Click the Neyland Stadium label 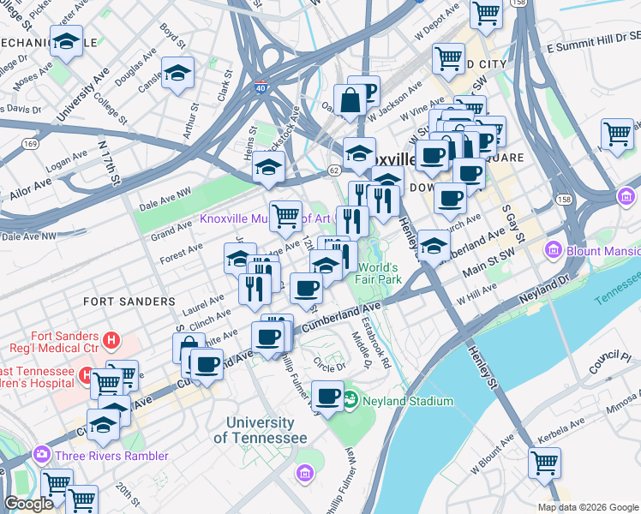(x=408, y=401)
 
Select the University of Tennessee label (x=260, y=430)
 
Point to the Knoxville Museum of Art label (x=265, y=218)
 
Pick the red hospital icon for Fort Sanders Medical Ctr (x=110, y=341)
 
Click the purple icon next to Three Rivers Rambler (x=40, y=455)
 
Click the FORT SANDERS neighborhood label (x=129, y=302)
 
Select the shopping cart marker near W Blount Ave (x=544, y=462)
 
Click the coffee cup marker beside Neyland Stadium (x=326, y=395)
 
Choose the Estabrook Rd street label (x=376, y=344)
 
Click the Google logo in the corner (x=29, y=504)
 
